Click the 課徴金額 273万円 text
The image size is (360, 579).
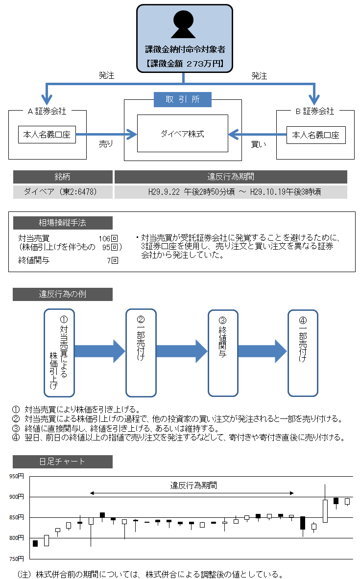pyautogui.click(x=184, y=63)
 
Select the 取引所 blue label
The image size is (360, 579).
pyautogui.click(x=183, y=99)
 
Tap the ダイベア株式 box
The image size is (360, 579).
pyautogui.click(x=182, y=133)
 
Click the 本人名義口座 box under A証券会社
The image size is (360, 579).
pyautogui.click(x=47, y=135)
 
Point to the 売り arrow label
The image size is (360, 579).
pyautogui.click(x=106, y=144)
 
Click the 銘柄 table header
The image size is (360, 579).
pyautogui.click(x=63, y=177)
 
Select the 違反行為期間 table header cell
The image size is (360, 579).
pyautogui.click(x=231, y=177)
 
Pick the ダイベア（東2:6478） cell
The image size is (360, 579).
pyautogui.click(x=63, y=192)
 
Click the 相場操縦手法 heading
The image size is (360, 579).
pyautogui.click(x=63, y=223)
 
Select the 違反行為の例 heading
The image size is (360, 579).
pyautogui.click(x=63, y=294)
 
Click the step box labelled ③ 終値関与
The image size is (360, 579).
pyautogui.click(x=223, y=352)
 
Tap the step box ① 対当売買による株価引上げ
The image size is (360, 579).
pyautogui.click(x=59, y=352)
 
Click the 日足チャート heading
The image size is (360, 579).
pyautogui.click(x=63, y=462)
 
